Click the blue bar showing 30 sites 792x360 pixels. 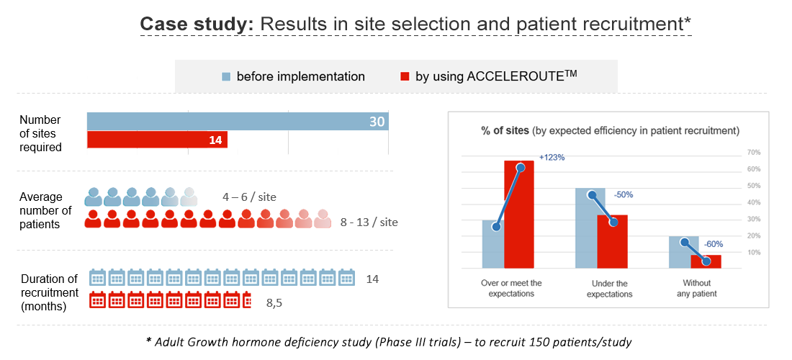pyautogui.click(x=238, y=122)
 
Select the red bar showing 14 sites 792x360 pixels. pyautogui.click(x=157, y=140)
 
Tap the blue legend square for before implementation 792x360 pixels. pyautogui.click(x=226, y=76)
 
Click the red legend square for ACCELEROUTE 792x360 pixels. pyautogui.click(x=405, y=76)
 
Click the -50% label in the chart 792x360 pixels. pyautogui.click(x=624, y=194)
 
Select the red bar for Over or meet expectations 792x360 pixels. pyautogui.click(x=518, y=215)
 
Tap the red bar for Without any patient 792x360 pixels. pyautogui.click(x=706, y=261)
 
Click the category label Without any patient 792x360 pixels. pyautogui.click(x=696, y=289)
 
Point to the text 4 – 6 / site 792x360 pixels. pyautogui.click(x=249, y=197)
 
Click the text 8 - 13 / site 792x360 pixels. pyautogui.click(x=369, y=222)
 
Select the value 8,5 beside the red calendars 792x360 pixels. pyautogui.click(x=274, y=303)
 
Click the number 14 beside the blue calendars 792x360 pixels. pyautogui.click(x=372, y=279)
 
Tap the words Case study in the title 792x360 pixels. pyautogui.click(x=196, y=24)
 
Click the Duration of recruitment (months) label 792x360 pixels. pyautogui.click(x=50, y=292)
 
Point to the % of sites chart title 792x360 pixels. pyautogui.click(x=609, y=130)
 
